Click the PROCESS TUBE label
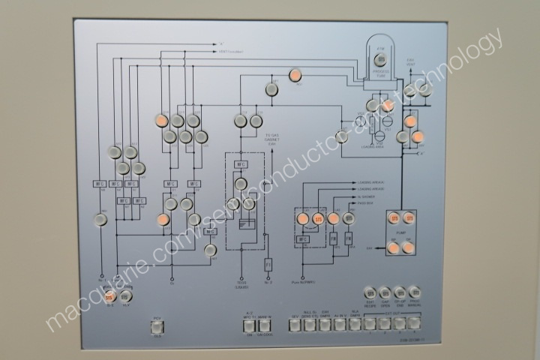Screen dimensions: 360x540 pyautogui.click(x=382, y=75)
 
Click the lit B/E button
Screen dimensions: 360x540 pyautogui.click(x=109, y=296)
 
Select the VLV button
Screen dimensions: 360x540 pyautogui.click(x=125, y=295)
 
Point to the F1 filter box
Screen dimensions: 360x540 pyautogui.click(x=268, y=265)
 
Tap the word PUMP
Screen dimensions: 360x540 pyautogui.click(x=401, y=234)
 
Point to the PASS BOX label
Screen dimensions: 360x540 pyautogui.click(x=366, y=202)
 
